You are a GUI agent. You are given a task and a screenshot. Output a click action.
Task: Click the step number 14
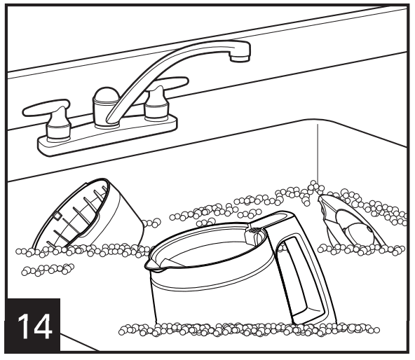(x=34, y=326)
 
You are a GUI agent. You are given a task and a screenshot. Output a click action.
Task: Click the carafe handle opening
(x=297, y=275)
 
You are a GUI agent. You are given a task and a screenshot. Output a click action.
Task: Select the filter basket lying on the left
(x=88, y=214)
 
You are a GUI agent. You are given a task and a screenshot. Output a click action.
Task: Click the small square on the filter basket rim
(x=57, y=216)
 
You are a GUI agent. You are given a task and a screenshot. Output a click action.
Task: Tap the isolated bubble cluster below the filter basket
(x=48, y=269)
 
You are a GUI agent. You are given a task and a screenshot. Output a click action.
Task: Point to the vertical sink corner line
(x=318, y=153)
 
